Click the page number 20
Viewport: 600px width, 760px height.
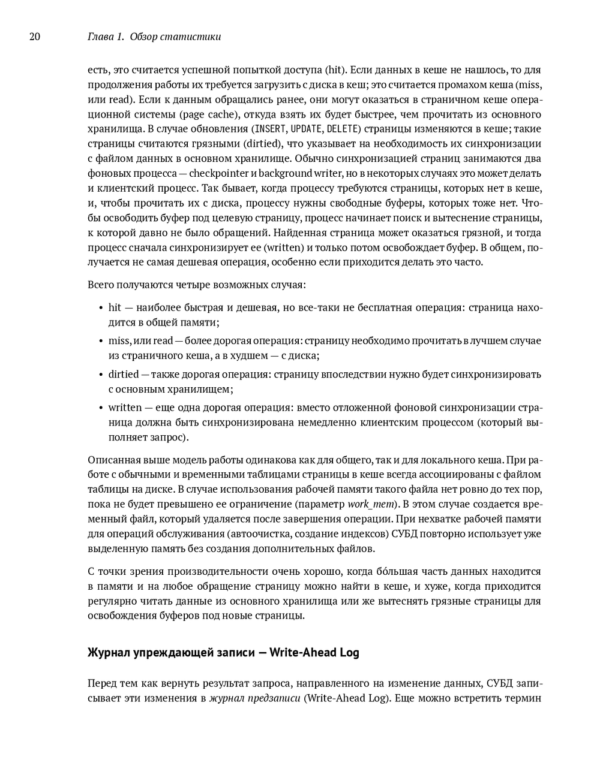click(35, 37)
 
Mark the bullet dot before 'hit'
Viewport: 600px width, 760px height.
click(101, 308)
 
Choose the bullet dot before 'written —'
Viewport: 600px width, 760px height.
click(101, 408)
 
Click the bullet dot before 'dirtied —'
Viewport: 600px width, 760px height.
click(101, 375)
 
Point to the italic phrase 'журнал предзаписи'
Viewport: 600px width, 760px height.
click(255, 698)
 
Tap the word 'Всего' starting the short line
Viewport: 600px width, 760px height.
click(100, 284)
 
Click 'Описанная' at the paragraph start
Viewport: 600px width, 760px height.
click(110, 460)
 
